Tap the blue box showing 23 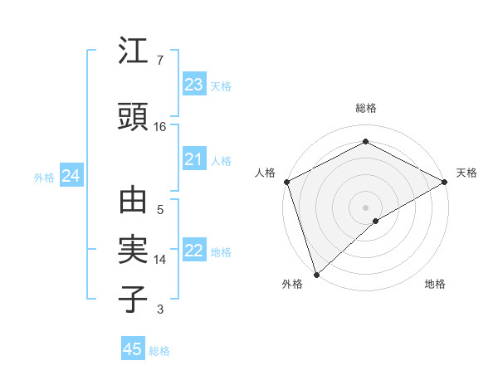[193, 85]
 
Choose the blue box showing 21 [193, 160]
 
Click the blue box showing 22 [193, 251]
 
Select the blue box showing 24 [71, 176]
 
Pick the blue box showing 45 [133, 349]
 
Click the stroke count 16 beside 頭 [160, 127]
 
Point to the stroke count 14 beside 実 [160, 260]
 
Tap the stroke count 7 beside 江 [160, 61]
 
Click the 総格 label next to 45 [159, 351]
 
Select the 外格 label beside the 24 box [44, 178]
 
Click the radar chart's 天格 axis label [466, 173]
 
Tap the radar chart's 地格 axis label [435, 284]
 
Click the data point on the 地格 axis [376, 221]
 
